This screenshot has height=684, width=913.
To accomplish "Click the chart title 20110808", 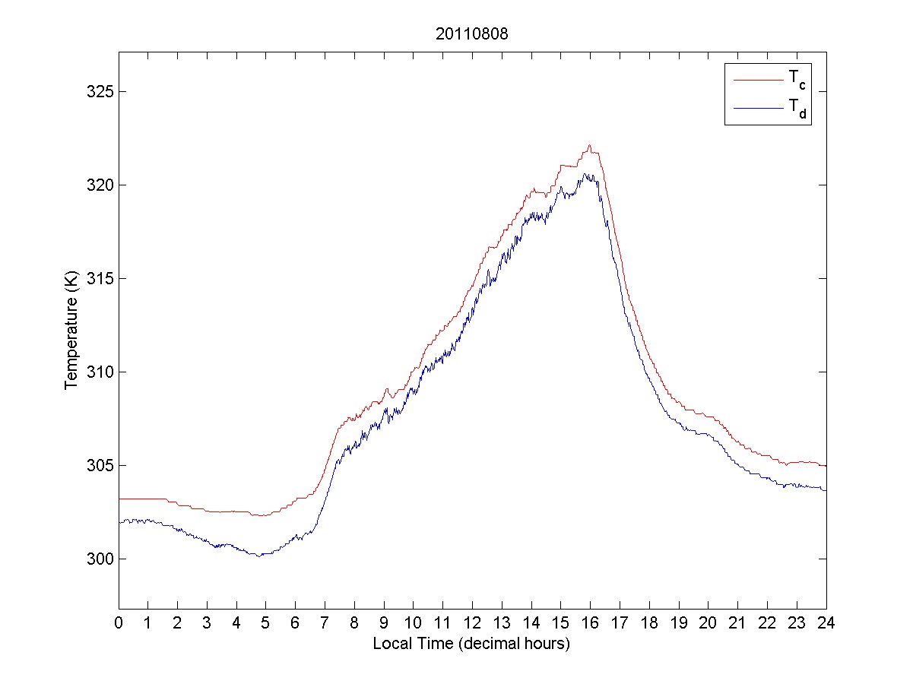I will [472, 34].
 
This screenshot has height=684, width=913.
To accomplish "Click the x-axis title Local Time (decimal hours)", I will [471, 644].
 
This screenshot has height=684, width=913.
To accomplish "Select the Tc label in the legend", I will [797, 79].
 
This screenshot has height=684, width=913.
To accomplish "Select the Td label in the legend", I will [797, 111].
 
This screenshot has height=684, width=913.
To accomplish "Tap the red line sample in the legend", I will [758, 79].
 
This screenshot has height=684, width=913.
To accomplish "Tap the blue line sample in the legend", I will [758, 109].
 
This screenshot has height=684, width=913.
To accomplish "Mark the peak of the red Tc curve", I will [589, 145].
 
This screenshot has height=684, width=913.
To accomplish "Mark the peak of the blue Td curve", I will [586, 174].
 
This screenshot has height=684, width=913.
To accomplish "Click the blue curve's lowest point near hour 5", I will [259, 556].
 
